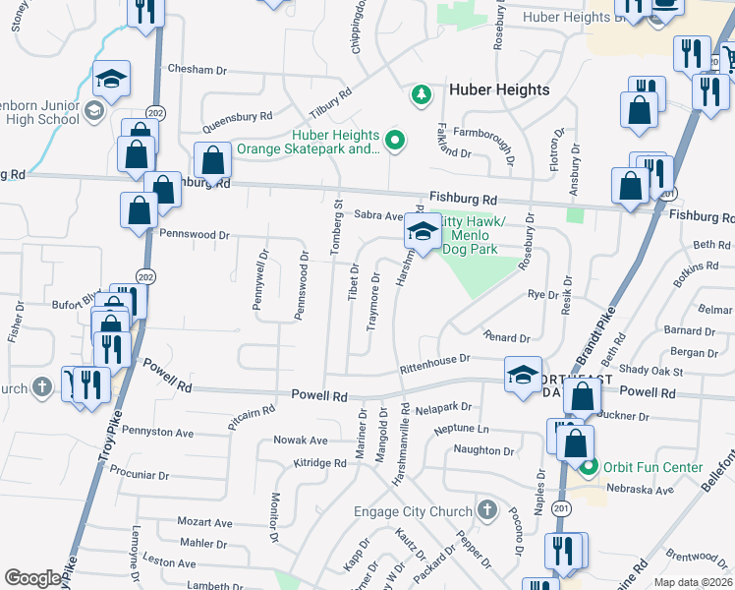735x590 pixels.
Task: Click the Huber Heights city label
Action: (499, 89)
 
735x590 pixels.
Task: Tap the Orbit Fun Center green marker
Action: (588, 467)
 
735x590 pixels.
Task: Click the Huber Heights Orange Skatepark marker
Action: (396, 142)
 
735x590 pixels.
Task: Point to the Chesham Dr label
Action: (197, 70)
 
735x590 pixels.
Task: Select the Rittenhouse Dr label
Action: (435, 365)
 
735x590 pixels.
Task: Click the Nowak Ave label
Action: (300, 441)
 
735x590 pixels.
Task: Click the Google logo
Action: (33, 578)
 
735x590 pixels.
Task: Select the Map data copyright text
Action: (692, 582)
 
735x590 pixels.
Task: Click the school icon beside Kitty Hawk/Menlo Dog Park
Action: (423, 233)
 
